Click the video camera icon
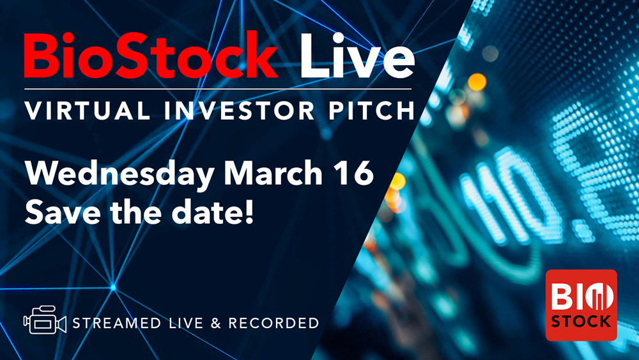[45, 322]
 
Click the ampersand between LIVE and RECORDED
[215, 323]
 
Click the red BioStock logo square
[581, 304]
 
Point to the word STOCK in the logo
[581, 322]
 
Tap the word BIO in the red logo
[581, 297]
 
